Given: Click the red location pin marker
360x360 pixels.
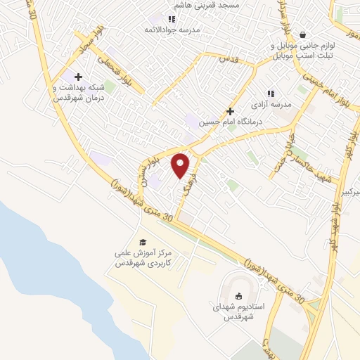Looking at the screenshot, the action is (181, 165).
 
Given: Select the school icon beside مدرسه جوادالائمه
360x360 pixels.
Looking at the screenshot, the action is (171, 19).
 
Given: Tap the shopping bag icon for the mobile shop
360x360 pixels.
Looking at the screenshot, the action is (303, 34).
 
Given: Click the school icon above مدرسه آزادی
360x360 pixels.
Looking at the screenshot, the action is (269, 93).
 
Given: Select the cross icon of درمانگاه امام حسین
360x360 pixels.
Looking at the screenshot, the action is (230, 111).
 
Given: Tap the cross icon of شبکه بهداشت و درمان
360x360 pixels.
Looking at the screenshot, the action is (78, 77).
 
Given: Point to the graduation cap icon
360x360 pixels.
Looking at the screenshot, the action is (143, 242).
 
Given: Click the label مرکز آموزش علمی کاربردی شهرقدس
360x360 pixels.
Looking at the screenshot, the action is (143, 258).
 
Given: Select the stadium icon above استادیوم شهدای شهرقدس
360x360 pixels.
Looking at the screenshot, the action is (238, 296).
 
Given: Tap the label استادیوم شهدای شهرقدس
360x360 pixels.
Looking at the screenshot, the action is (238, 312).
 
